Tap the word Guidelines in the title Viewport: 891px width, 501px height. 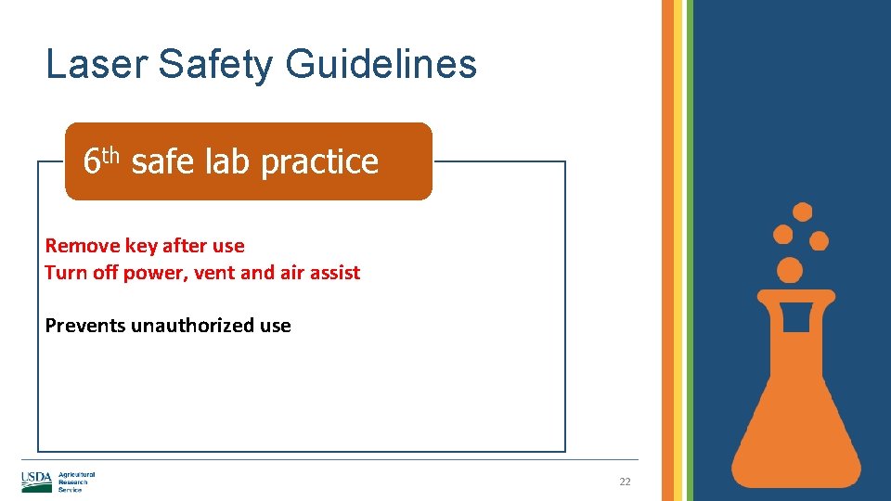tap(381, 65)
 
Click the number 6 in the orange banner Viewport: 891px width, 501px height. tap(91, 162)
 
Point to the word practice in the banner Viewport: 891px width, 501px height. tap(319, 162)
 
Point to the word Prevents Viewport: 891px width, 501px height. tap(85, 326)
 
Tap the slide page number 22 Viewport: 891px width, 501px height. tap(625, 482)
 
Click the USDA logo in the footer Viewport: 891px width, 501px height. tap(36, 482)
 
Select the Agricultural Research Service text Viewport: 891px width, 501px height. tap(76, 482)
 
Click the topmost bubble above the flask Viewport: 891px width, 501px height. tap(802, 212)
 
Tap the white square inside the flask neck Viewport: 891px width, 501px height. tap(795, 316)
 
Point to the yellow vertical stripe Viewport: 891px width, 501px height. tap(678, 250)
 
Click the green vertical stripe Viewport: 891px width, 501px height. tap(688, 250)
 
